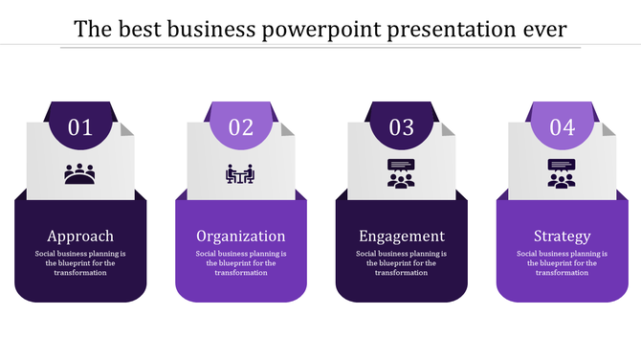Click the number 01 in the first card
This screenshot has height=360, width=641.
(x=80, y=127)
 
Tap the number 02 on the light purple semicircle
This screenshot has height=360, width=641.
(x=241, y=127)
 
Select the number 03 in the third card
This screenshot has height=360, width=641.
(x=401, y=127)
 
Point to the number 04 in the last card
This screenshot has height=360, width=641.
(x=562, y=127)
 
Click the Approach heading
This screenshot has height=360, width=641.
(x=80, y=236)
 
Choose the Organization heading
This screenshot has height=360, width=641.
(x=241, y=236)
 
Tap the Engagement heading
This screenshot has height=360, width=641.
(x=401, y=236)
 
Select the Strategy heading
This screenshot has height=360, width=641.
(x=562, y=236)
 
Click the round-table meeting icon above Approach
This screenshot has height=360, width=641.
(x=80, y=174)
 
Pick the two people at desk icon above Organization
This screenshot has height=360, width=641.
(x=241, y=174)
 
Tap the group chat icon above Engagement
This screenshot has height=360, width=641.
(x=401, y=172)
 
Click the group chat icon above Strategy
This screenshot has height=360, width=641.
(x=562, y=172)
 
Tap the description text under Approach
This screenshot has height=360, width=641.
(x=80, y=263)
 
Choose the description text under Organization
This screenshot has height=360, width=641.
(x=241, y=263)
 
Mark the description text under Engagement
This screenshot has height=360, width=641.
(x=401, y=263)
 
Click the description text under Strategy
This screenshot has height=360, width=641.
(x=562, y=263)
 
